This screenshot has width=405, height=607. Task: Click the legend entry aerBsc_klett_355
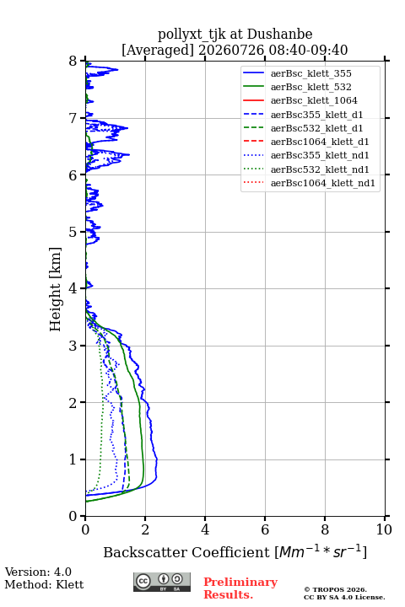tap(310, 73)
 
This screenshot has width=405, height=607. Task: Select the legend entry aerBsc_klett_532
tap(310, 87)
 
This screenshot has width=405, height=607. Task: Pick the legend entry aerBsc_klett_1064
tap(314, 100)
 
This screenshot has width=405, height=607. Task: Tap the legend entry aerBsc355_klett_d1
tap(316, 115)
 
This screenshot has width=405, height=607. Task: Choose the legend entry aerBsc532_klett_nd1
tap(320, 169)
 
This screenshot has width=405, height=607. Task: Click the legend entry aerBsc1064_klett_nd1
tap(323, 183)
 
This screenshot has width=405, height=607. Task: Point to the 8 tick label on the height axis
tap(73, 62)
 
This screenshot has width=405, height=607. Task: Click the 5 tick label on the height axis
tap(73, 232)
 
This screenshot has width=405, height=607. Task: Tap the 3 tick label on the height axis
tap(73, 346)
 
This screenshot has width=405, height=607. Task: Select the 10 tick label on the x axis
tap(384, 529)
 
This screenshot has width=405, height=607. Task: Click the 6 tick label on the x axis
tap(265, 529)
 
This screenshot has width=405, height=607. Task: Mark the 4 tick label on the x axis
tap(205, 529)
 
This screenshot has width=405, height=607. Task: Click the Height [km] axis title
tap(56, 289)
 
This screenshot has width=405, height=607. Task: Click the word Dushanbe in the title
tap(279, 34)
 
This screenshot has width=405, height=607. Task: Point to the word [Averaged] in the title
tap(158, 50)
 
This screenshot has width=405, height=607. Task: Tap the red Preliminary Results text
tap(240, 588)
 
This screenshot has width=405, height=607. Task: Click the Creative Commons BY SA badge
tap(162, 582)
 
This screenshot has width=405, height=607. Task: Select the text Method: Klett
tap(44, 584)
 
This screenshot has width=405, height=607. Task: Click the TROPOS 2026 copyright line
tap(336, 589)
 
